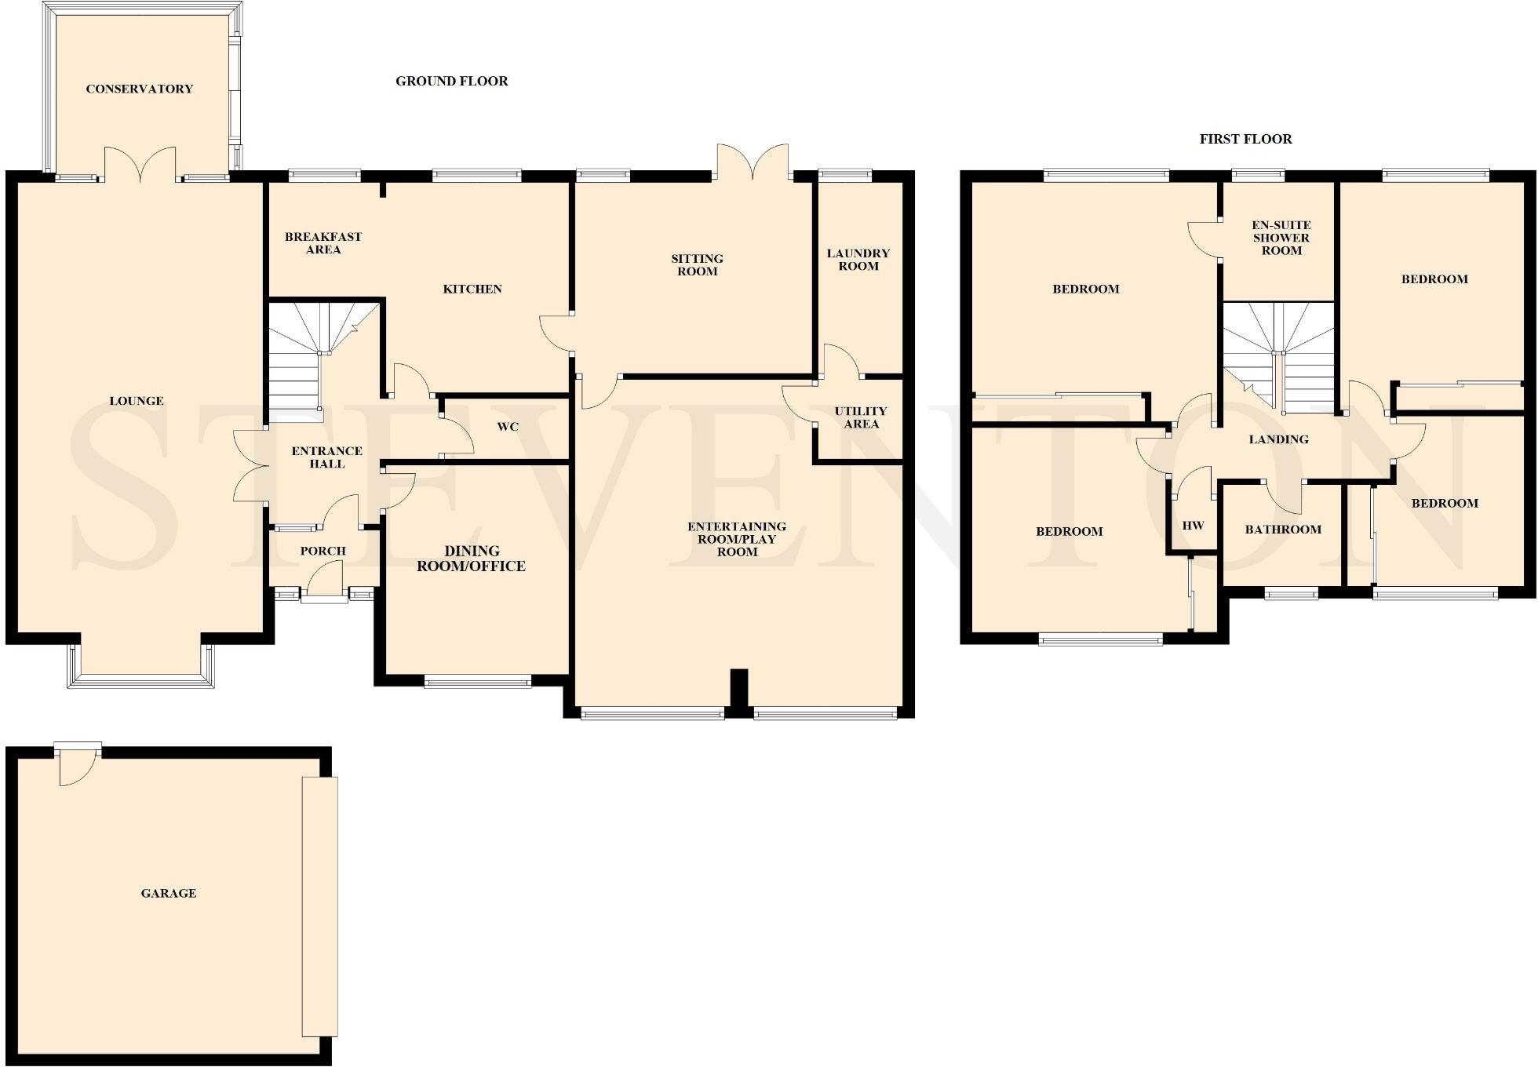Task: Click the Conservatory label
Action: [139, 89]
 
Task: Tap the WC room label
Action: [508, 427]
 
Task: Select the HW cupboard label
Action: [1193, 526]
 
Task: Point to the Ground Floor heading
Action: [451, 81]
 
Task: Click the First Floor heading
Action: [1245, 139]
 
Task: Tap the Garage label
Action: [168, 893]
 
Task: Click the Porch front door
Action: [324, 584]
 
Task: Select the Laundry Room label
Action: [858, 260]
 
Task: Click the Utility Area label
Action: [861, 417]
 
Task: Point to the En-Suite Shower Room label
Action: [1281, 238]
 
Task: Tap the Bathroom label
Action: [1283, 530]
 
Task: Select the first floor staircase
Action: [1279, 353]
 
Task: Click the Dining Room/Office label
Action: [471, 559]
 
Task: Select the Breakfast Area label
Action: [323, 243]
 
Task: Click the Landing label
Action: [1278, 439]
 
